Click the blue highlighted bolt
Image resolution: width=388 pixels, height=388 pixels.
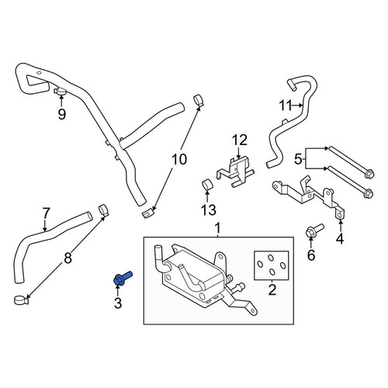click(x=122, y=279)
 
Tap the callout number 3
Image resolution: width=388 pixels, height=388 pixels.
click(x=118, y=303)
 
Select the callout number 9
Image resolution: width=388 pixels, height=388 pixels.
click(x=62, y=114)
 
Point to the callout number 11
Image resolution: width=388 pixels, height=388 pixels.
click(x=286, y=106)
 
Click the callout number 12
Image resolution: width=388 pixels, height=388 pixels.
click(x=240, y=140)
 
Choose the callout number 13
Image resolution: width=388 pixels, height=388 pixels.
click(x=209, y=210)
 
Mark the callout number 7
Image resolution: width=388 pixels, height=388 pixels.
click(x=46, y=214)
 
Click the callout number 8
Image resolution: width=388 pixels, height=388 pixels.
click(x=68, y=258)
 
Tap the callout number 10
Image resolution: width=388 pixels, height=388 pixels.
click(x=179, y=159)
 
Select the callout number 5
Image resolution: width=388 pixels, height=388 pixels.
click(x=298, y=160)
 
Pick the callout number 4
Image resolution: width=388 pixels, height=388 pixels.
click(x=340, y=238)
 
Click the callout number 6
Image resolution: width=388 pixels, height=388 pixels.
click(x=311, y=255)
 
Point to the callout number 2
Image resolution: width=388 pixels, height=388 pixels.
click(x=272, y=290)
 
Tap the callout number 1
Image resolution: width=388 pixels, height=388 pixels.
click(x=218, y=229)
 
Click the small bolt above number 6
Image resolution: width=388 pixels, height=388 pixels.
click(x=314, y=230)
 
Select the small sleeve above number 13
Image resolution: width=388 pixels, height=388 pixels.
click(x=206, y=184)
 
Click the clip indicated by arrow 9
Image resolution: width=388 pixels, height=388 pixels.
click(x=61, y=91)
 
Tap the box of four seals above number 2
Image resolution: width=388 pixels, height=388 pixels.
click(x=272, y=265)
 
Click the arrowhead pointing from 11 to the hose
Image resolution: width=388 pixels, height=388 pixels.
click(x=301, y=106)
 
